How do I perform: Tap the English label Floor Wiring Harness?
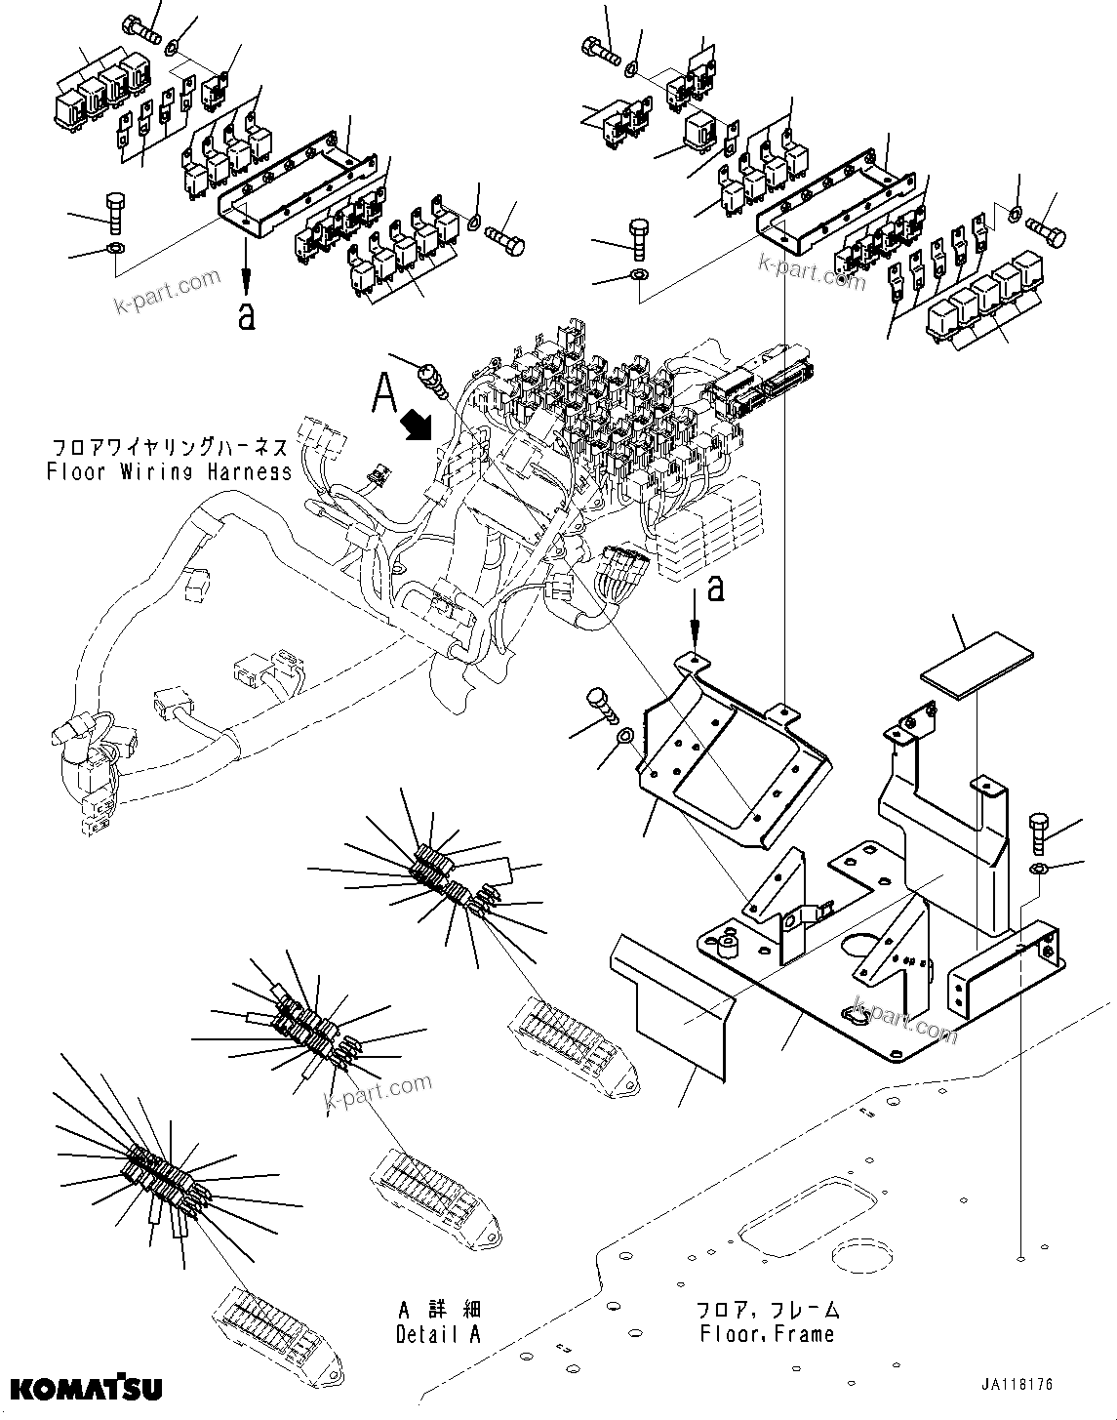[169, 471]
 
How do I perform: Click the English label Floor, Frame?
[767, 1334]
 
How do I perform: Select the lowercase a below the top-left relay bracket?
[247, 317]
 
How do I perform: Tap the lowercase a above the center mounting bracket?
[715, 588]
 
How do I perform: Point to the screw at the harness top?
[430, 375]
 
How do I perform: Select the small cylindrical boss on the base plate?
[728, 949]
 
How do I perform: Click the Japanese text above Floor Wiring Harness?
[169, 447]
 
